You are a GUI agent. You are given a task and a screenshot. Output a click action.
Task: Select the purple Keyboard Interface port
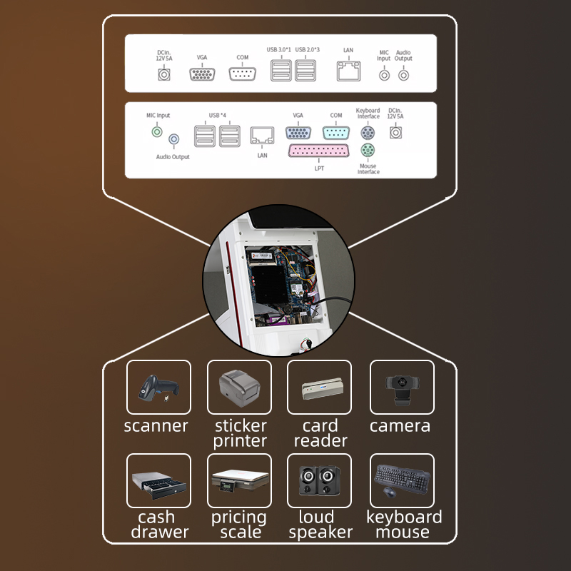pyautogui.click(x=367, y=133)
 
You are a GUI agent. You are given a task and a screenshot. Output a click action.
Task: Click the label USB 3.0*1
pyautogui.click(x=280, y=50)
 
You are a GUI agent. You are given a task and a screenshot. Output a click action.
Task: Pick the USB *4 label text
pyautogui.click(x=218, y=116)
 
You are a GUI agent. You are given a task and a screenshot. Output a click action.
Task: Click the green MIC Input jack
pyautogui.click(x=157, y=131)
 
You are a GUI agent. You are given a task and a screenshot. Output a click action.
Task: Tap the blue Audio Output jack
pyautogui.click(x=173, y=141)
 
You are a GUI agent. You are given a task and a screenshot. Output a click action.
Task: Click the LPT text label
pyautogui.click(x=319, y=168)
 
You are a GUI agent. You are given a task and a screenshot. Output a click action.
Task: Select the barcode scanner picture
pyautogui.click(x=158, y=387)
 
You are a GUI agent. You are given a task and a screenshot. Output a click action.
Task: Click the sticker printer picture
pyautogui.click(x=239, y=387)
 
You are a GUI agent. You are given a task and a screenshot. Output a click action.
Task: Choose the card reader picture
pyautogui.click(x=320, y=387)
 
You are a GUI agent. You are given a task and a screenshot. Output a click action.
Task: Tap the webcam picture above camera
pyautogui.click(x=402, y=387)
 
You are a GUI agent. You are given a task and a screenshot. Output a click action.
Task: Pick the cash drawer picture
pyautogui.click(x=158, y=480)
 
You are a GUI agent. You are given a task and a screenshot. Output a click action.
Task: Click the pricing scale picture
pyautogui.click(x=239, y=480)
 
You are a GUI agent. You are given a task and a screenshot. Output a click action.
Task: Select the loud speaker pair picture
pyautogui.click(x=320, y=480)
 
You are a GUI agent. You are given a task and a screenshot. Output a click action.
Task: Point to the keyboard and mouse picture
pyautogui.click(x=402, y=480)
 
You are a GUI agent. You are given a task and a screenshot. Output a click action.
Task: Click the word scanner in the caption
pyautogui.click(x=156, y=427)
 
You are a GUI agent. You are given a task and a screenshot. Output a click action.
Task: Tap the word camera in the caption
pyautogui.click(x=400, y=426)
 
